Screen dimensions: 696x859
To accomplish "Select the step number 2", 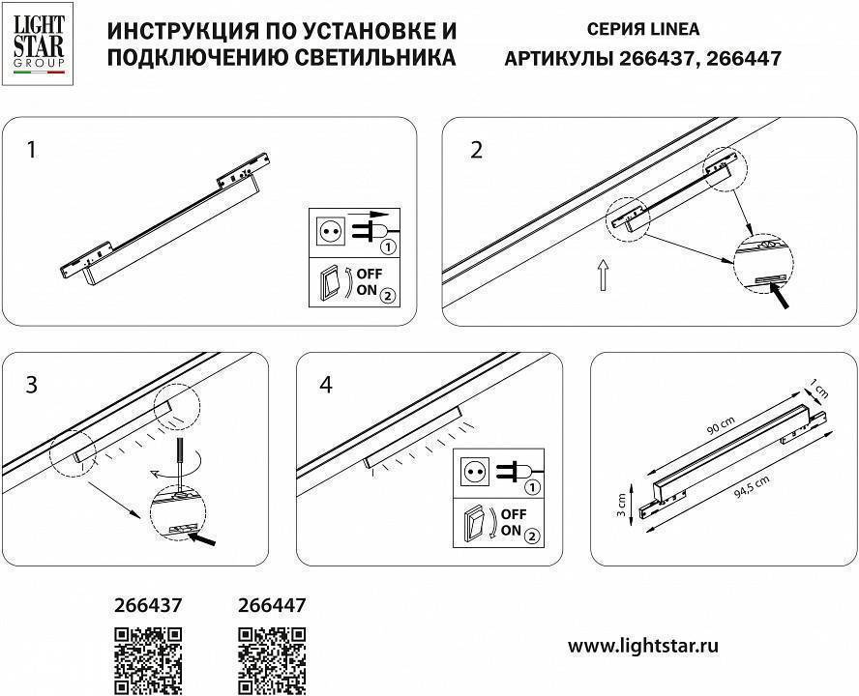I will [x=475, y=150].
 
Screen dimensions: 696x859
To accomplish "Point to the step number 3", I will [x=32, y=384].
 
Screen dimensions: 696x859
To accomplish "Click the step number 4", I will [x=325, y=384].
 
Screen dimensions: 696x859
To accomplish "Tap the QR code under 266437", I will [x=148, y=660].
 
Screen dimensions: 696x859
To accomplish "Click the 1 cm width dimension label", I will [x=821, y=390].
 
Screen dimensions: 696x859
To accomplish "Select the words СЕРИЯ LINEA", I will [x=643, y=30].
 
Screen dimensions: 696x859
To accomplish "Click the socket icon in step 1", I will [x=329, y=231].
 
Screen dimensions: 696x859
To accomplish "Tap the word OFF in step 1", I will [x=370, y=275].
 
